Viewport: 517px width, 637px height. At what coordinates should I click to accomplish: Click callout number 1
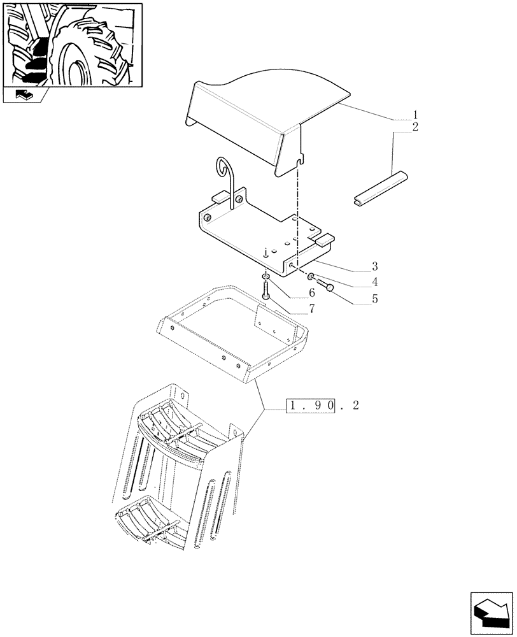tap(415, 117)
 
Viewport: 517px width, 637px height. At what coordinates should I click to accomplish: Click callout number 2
tap(415, 127)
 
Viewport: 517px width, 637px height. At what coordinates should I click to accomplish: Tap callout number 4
tap(375, 282)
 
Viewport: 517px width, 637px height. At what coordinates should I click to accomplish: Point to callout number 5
tap(375, 297)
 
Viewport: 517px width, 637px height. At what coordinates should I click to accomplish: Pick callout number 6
tap(312, 293)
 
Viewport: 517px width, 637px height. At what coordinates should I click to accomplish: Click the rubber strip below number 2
tap(380, 187)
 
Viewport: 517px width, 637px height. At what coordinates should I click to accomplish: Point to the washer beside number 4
tap(310, 276)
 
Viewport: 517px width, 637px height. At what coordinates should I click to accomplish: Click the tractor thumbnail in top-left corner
tap(71, 44)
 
